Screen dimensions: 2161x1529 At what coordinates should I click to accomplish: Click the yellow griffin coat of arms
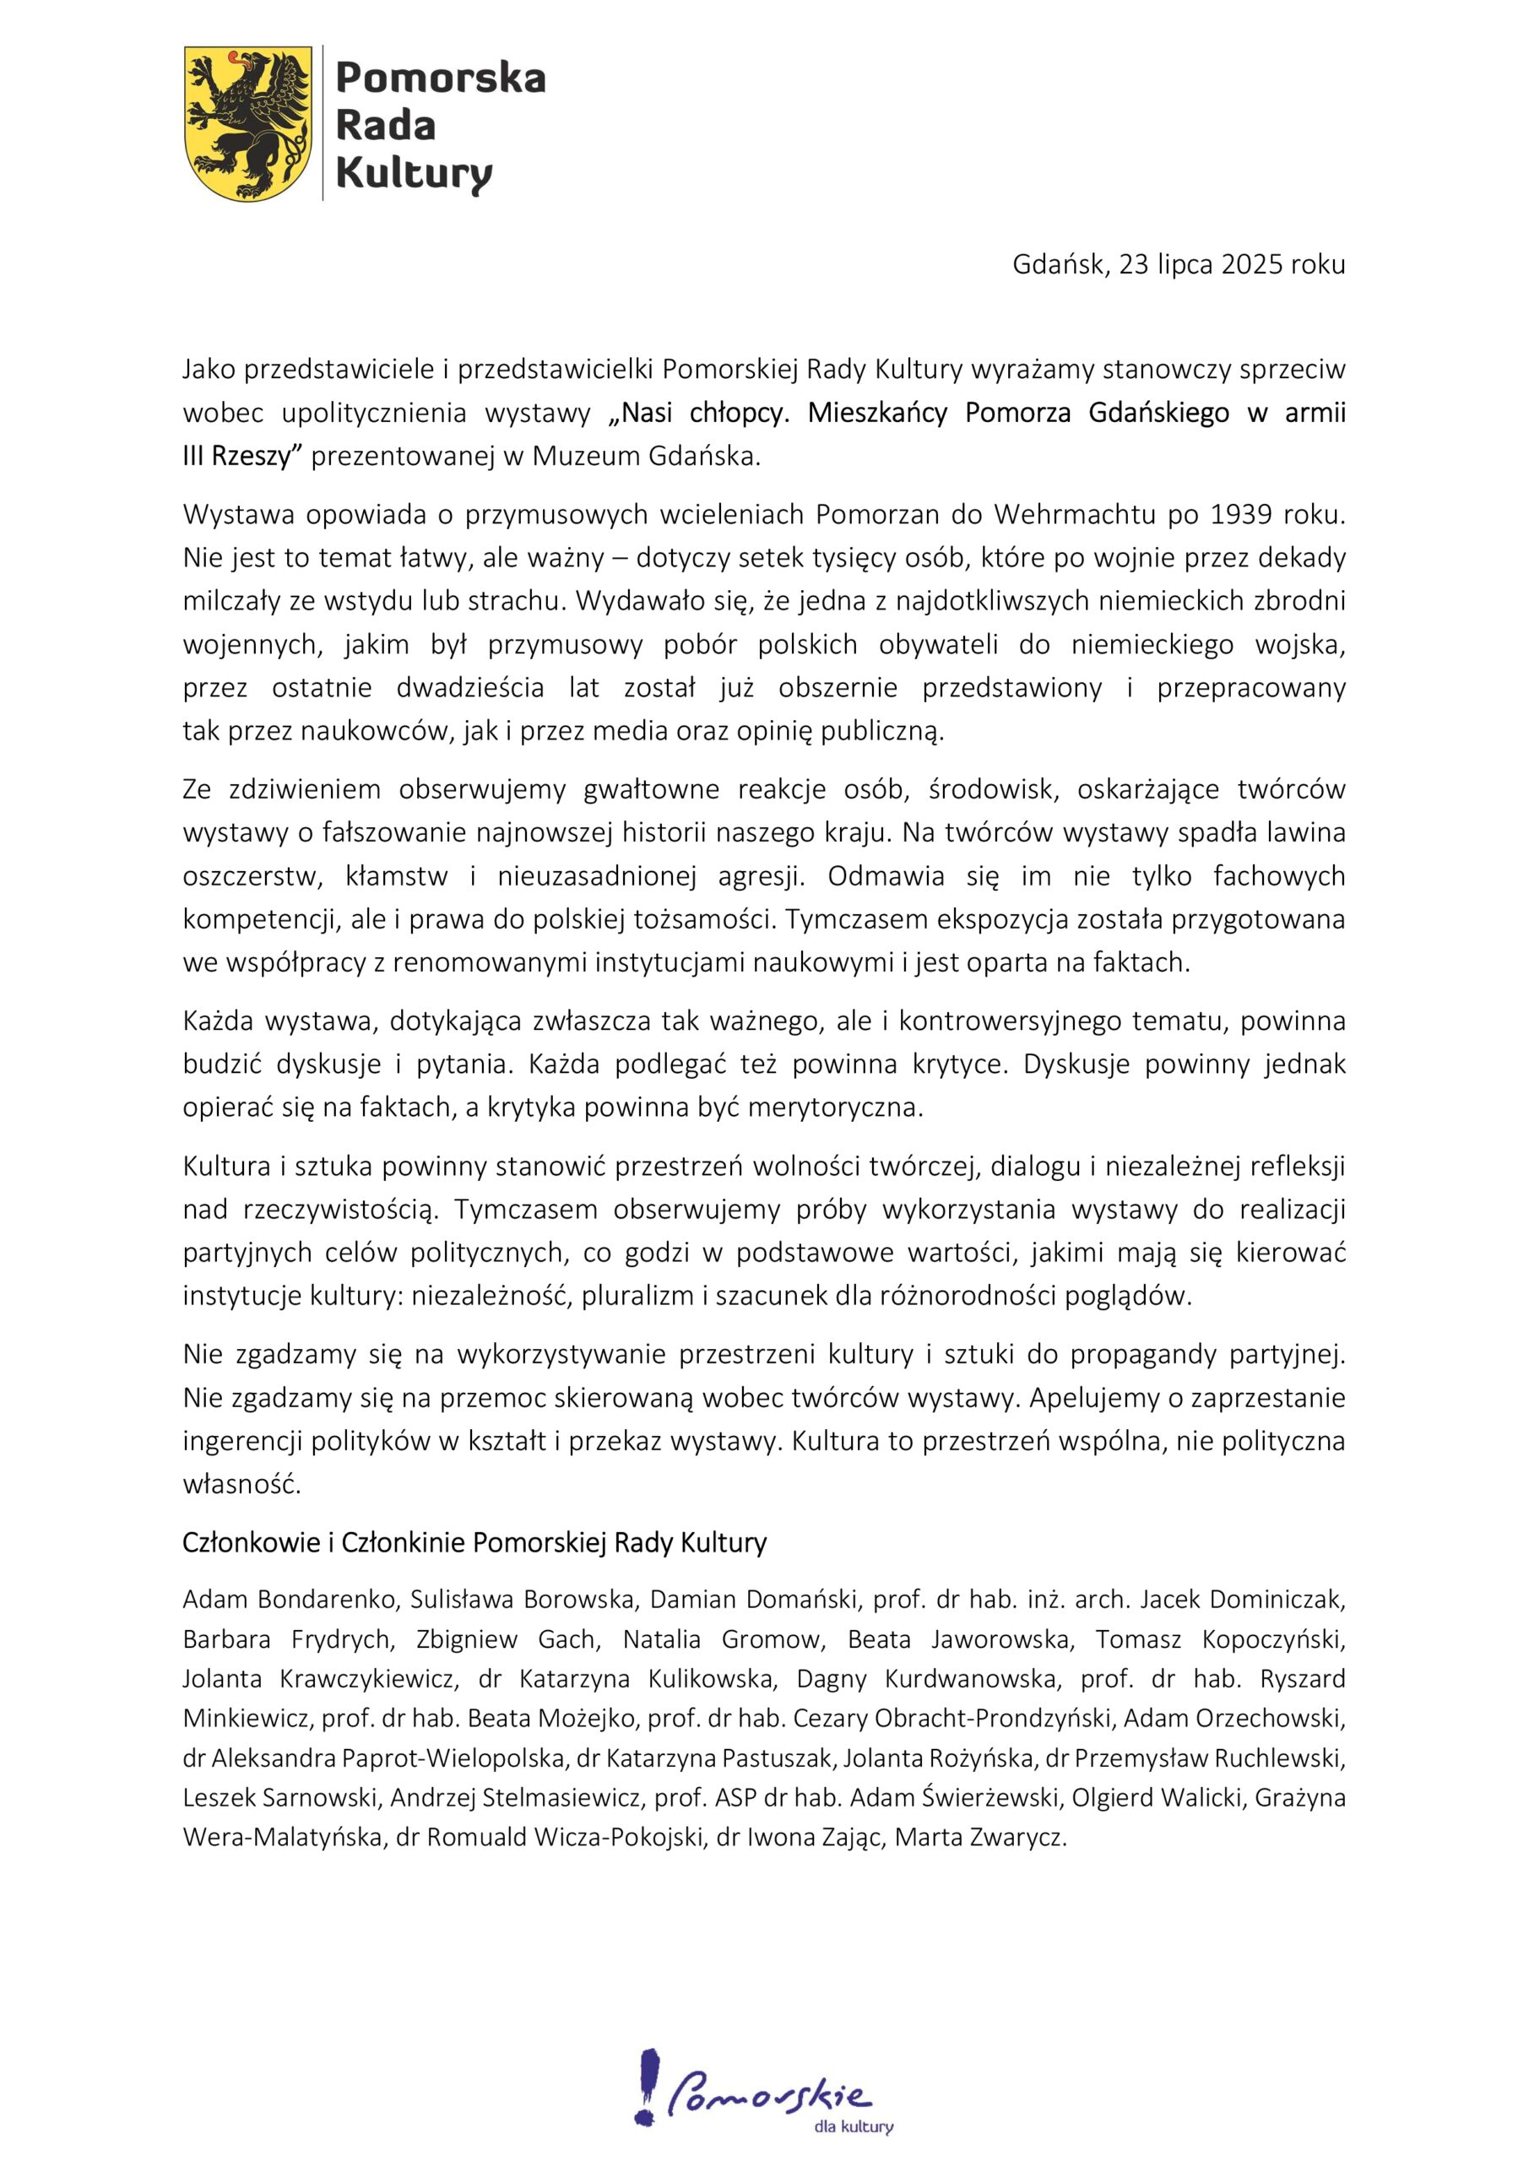click(247, 123)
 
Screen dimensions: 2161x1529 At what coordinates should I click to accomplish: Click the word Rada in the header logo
click(385, 125)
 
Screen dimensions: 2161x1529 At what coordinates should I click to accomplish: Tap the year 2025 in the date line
click(1251, 264)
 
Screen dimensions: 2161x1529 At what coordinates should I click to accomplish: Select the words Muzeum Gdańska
click(645, 457)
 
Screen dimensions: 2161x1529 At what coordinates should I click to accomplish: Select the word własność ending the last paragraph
click(241, 1484)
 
